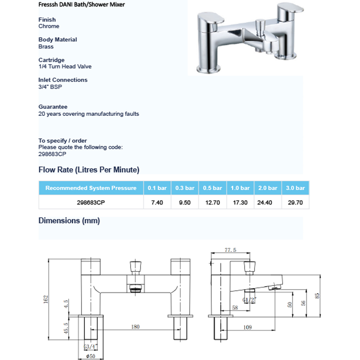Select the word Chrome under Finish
click(x=49, y=26)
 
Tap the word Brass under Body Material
click(x=46, y=46)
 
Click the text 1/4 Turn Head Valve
click(x=65, y=67)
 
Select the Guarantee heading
click(x=53, y=107)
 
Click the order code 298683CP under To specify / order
click(x=52, y=154)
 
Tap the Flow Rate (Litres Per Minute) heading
click(x=89, y=170)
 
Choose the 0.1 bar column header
click(x=157, y=188)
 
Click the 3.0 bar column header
click(x=295, y=188)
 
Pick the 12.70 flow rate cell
click(x=212, y=203)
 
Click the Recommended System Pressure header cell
click(x=91, y=188)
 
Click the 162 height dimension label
click(x=46, y=299)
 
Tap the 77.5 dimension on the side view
click(x=230, y=250)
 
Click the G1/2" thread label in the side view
click(x=248, y=300)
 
